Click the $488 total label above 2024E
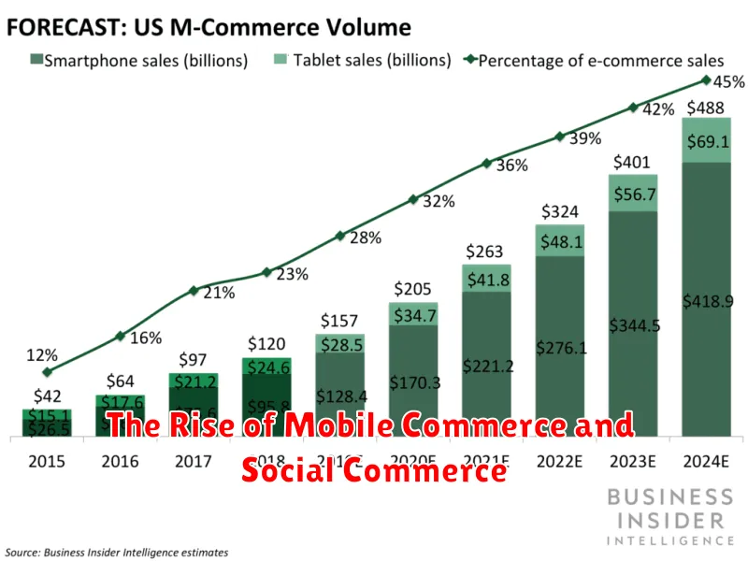[x=707, y=107]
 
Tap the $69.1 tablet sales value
[x=707, y=140]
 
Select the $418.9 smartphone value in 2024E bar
[x=707, y=300]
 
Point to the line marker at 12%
[x=47, y=372]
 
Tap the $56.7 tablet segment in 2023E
[x=633, y=194]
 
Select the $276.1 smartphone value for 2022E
[x=560, y=348]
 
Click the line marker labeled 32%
[x=413, y=198]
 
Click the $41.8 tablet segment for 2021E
[x=486, y=279]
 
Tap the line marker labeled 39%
[x=560, y=137]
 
